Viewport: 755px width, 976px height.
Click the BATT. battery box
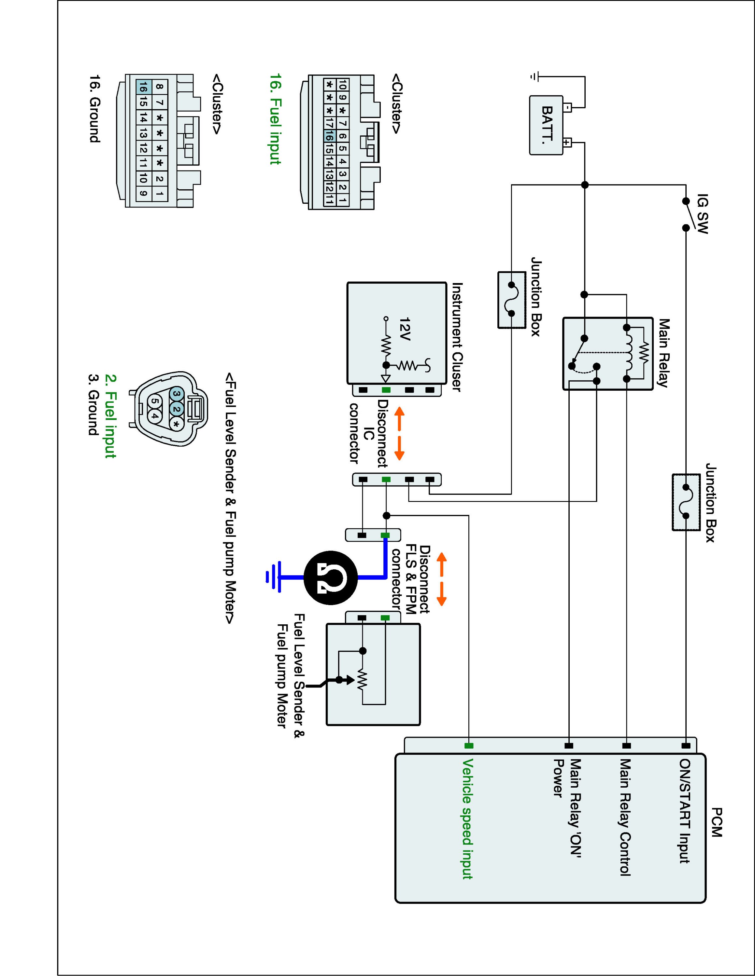[546, 125]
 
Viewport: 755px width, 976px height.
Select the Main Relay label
[663, 353]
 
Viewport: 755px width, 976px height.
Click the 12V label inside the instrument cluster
[405, 329]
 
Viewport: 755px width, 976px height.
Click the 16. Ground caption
[94, 109]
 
